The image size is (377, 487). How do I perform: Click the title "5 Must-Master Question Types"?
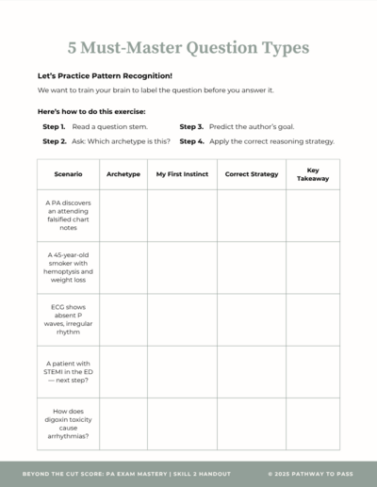coord(188,46)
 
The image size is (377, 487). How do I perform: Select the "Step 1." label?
coord(54,126)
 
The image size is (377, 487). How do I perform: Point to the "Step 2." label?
coord(54,141)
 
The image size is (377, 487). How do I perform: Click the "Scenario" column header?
coord(68,174)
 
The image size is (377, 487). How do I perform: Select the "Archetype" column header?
coord(123,174)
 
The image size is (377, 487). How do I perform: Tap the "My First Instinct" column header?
coord(182,174)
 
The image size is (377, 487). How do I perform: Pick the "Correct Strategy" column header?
coord(252,174)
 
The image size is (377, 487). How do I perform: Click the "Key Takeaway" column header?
coord(313,174)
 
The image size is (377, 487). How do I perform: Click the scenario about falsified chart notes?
coord(68,216)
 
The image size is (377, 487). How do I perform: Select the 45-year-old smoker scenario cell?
coord(68,267)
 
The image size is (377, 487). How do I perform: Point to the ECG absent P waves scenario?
coord(68,319)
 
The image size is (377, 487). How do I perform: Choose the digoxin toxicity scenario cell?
coord(68,424)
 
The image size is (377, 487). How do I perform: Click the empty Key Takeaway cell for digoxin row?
coord(313,424)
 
